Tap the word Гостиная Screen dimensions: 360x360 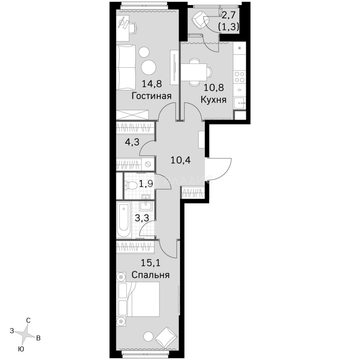(151, 96)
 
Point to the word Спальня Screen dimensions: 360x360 (151, 275)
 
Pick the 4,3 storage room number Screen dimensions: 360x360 (132, 143)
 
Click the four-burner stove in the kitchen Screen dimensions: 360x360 (239, 77)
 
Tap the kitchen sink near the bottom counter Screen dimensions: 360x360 (240, 103)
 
